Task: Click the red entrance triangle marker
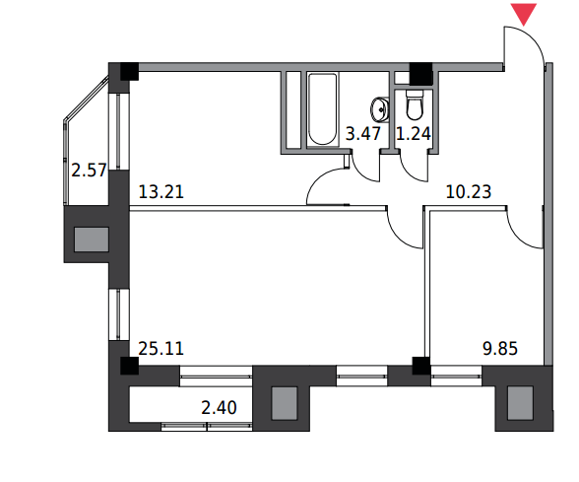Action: click(x=523, y=14)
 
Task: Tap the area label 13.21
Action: click(x=161, y=192)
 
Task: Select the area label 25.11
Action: click(x=161, y=349)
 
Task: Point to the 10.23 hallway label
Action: click(x=469, y=192)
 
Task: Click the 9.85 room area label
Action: click(x=500, y=349)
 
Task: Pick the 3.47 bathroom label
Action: click(x=363, y=134)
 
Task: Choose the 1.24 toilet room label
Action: click(x=414, y=134)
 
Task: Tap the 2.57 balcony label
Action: click(x=89, y=171)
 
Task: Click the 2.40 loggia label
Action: click(x=219, y=408)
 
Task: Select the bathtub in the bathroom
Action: click(x=322, y=109)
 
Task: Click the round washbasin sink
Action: click(x=379, y=109)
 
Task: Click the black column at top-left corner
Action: click(x=129, y=71)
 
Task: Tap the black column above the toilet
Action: click(x=421, y=73)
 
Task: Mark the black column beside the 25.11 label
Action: click(x=129, y=366)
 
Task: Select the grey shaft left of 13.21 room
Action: click(x=92, y=240)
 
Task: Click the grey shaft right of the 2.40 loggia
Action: click(x=285, y=403)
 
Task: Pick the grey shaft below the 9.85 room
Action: click(x=520, y=403)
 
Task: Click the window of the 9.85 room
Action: click(x=457, y=376)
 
